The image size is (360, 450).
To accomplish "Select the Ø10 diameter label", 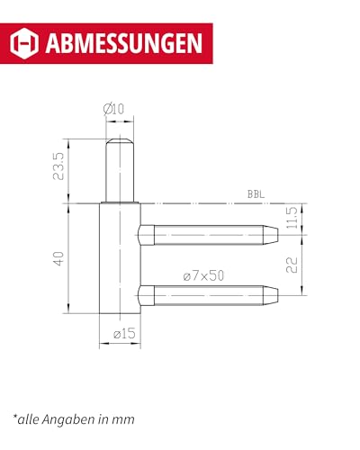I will (114, 109).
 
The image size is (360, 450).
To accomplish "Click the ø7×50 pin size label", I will (202, 275).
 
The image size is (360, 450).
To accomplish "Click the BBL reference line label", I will (256, 194).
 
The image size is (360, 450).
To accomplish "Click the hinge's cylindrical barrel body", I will (119, 261).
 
